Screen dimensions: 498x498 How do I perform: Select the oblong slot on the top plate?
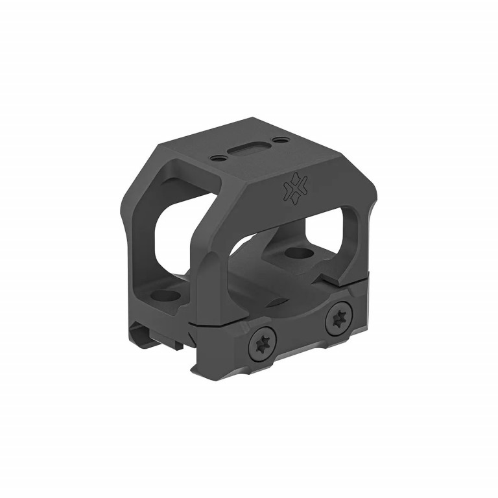click(x=245, y=150)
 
